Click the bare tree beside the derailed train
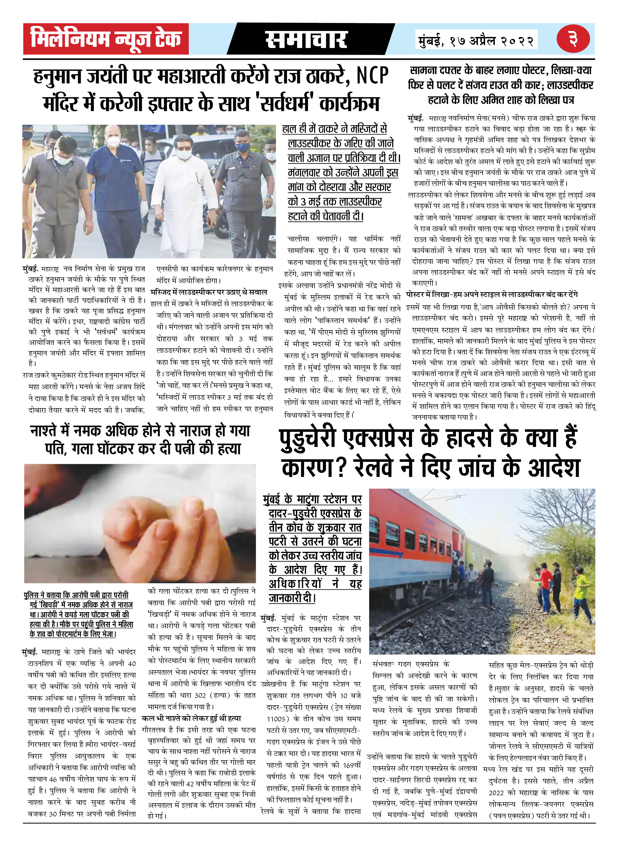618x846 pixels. point(561,519)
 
